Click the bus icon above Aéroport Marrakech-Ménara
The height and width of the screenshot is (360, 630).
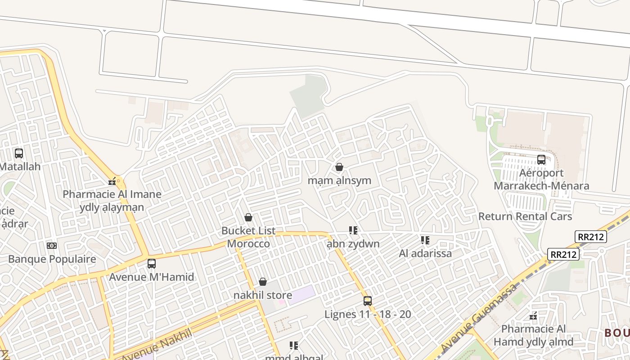(x=541, y=160)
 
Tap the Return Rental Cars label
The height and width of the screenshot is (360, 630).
(x=525, y=216)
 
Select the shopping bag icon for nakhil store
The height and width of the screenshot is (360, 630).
(x=263, y=282)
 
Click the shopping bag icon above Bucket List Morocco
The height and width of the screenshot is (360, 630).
(x=248, y=218)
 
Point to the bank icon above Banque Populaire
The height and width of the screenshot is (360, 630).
(x=52, y=246)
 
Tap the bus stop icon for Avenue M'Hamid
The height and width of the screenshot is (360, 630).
(x=152, y=264)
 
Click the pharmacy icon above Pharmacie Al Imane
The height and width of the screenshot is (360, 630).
(x=112, y=182)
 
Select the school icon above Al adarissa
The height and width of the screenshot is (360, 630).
(x=425, y=240)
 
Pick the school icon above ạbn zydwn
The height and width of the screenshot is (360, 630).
(x=353, y=231)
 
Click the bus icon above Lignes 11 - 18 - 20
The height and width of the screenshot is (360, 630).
(x=368, y=301)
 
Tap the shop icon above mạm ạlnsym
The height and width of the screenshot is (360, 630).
(x=339, y=167)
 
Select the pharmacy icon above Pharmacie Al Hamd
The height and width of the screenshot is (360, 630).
(x=534, y=316)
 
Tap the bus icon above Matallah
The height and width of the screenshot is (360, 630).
(x=19, y=153)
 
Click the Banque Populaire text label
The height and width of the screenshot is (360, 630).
(x=52, y=259)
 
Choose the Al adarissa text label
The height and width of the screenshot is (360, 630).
(x=425, y=253)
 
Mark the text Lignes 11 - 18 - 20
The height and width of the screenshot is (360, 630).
(x=368, y=314)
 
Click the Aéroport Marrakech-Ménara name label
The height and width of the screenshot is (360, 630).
(x=541, y=180)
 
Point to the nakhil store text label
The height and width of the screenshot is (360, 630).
(x=263, y=296)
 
